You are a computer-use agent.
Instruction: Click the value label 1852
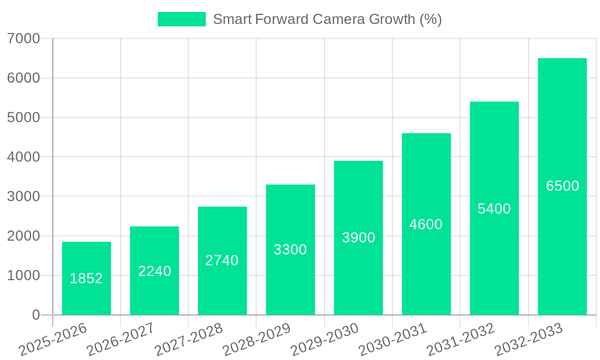coord(86,278)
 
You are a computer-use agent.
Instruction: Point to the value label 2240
coord(155,271)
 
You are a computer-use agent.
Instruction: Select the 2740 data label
coord(222,260)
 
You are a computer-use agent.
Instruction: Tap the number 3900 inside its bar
coord(359,238)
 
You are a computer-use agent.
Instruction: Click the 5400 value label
coord(494,209)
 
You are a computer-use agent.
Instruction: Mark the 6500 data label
coord(563,186)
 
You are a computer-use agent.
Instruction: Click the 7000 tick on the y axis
coord(23,38)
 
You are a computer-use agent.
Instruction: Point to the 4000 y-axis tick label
coord(23,157)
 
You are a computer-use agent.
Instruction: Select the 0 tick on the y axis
coord(35,315)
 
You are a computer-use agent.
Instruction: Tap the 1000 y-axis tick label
coord(23,275)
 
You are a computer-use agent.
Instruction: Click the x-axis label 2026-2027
coord(121,340)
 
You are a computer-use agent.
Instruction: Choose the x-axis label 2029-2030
coord(325,340)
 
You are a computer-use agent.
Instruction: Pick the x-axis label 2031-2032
coord(461,340)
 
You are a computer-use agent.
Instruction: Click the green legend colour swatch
coord(181,19)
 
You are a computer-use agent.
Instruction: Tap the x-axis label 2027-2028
coord(188,340)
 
